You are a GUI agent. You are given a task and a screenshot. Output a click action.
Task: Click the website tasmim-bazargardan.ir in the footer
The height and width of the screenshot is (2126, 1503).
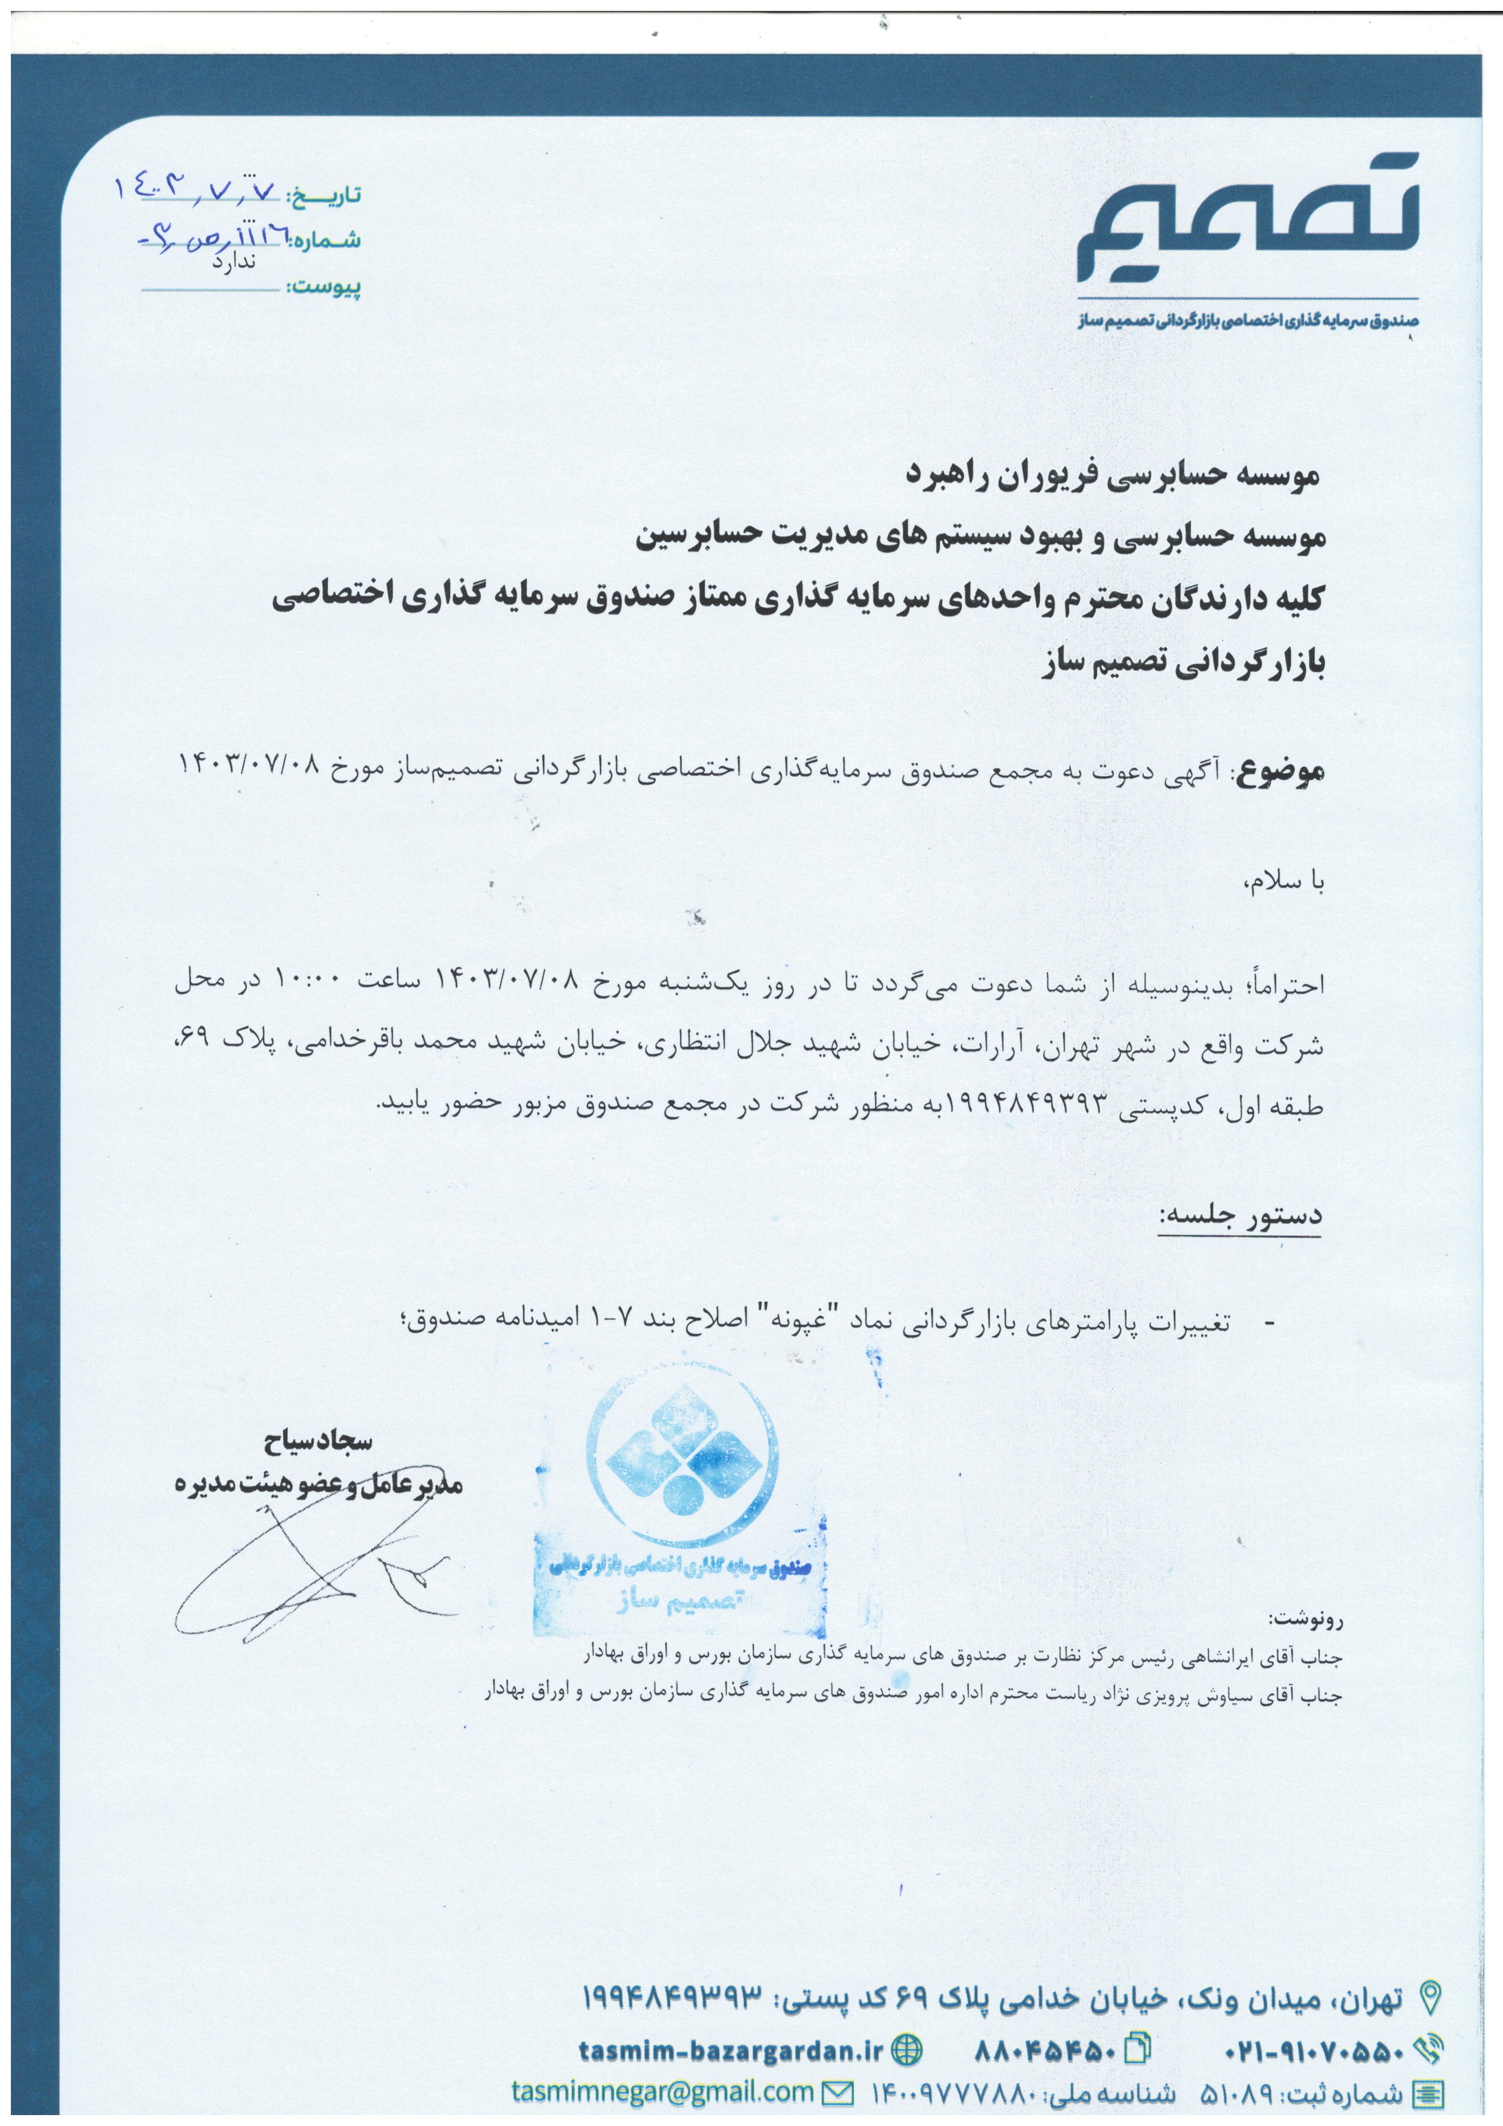[731, 2051]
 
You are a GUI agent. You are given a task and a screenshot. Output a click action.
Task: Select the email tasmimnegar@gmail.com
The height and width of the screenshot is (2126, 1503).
[662, 2091]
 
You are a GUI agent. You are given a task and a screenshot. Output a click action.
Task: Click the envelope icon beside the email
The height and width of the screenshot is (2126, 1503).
[839, 2091]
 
